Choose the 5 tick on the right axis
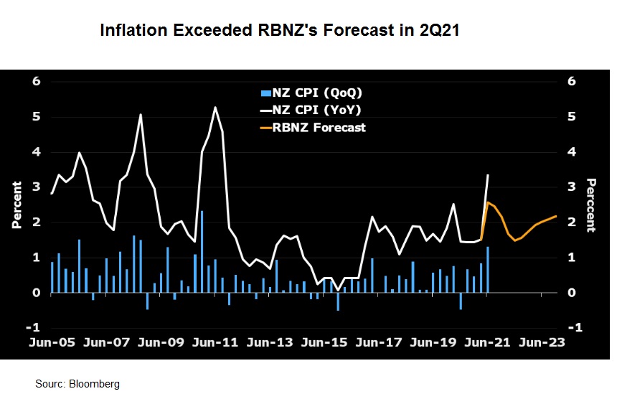pos(572,116)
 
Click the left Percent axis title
pos(17,205)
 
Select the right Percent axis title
pos(590,205)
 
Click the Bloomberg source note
pos(77,384)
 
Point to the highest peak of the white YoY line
pos(215,108)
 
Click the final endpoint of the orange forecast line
pos(556,216)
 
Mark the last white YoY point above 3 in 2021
pos(488,175)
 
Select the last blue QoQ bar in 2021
pos(488,270)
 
